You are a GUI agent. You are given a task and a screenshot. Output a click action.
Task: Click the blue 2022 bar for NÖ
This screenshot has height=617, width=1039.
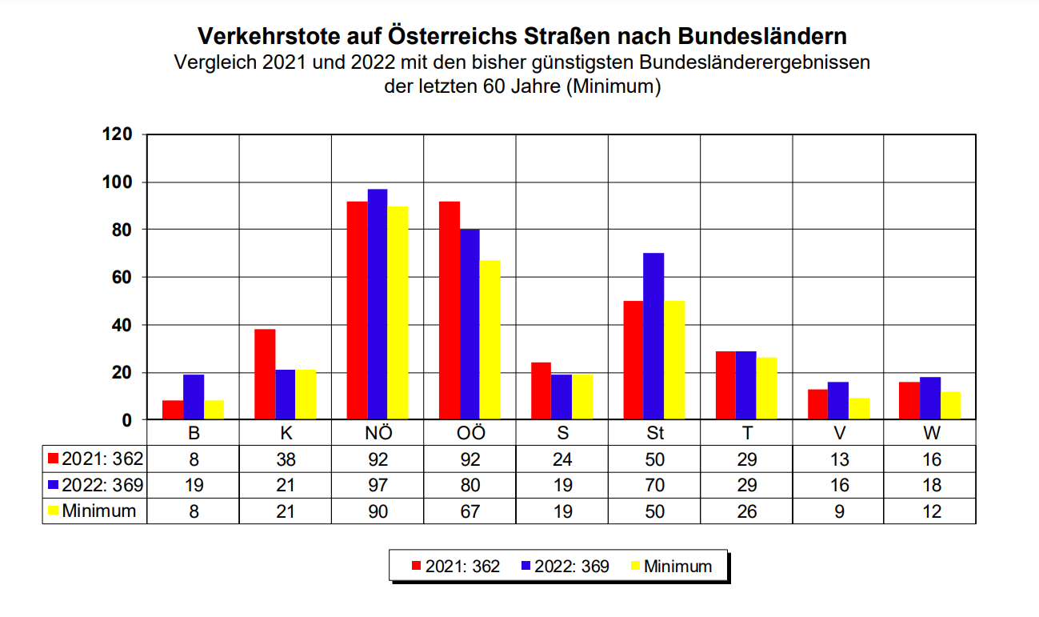coord(378,304)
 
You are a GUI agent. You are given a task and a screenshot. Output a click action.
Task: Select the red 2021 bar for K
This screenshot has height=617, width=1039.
coord(265,375)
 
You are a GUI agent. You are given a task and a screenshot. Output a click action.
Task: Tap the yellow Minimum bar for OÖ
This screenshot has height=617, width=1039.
coord(490,340)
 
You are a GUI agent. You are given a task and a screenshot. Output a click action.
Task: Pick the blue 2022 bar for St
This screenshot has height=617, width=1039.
coord(653,336)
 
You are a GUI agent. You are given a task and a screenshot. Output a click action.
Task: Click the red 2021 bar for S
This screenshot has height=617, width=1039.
coord(541,391)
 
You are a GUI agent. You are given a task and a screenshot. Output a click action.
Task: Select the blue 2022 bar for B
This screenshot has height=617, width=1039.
coord(194,397)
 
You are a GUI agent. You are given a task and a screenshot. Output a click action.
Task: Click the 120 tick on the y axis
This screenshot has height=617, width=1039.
coord(116,134)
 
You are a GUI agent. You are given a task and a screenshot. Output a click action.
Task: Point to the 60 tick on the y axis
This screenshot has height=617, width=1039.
coord(120,278)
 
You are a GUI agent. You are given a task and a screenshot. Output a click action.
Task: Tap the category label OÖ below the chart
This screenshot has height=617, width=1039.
coord(470,433)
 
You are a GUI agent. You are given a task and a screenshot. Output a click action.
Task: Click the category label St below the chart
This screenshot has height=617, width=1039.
coord(654,433)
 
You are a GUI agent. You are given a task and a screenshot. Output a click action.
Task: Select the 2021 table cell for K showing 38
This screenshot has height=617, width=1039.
coord(286,459)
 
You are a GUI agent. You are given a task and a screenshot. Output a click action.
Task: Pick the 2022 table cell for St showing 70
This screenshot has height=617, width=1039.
coord(654,485)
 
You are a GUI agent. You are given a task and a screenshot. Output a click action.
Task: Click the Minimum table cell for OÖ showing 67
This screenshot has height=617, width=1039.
coord(470,511)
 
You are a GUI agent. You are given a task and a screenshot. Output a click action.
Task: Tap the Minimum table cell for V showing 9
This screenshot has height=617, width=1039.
coord(838,511)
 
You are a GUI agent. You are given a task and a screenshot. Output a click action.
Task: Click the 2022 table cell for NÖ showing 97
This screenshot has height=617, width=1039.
coord(378,485)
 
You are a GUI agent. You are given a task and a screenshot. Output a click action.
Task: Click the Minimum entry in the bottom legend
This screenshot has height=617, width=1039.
coord(677,567)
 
